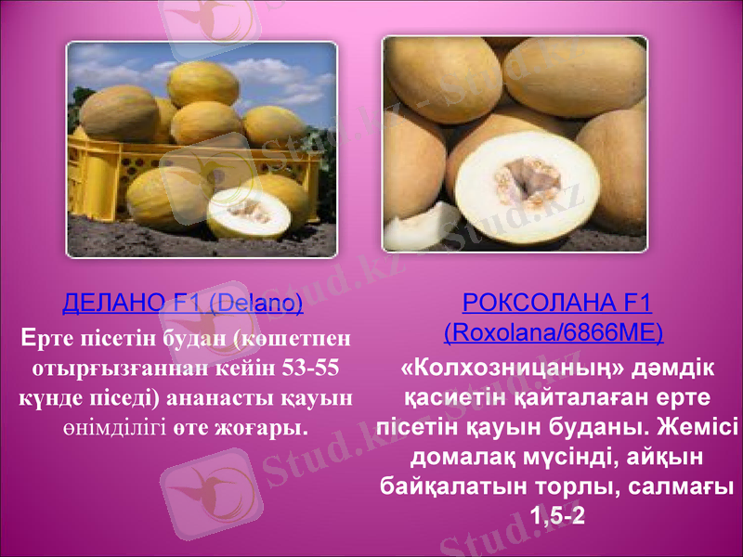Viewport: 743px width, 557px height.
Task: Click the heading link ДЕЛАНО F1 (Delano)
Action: coord(182,303)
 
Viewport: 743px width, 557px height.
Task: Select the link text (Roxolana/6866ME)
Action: coord(554,331)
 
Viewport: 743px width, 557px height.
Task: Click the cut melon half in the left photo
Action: coord(248,213)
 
